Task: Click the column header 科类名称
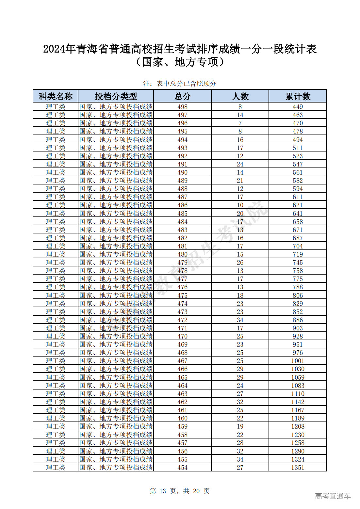(x=56, y=96)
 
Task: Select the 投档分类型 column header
(x=116, y=96)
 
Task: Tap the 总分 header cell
(x=182, y=96)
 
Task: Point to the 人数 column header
(x=240, y=96)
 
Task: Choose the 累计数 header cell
(x=298, y=96)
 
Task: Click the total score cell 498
(x=182, y=107)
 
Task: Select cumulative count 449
(x=298, y=107)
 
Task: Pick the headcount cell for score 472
(x=240, y=320)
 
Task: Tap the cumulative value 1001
(x=298, y=361)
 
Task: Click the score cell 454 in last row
(x=182, y=468)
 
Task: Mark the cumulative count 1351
(x=298, y=468)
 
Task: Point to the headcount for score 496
(x=240, y=123)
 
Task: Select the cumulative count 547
(x=298, y=164)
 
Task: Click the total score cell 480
(x=182, y=254)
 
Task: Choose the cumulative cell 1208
(x=298, y=426)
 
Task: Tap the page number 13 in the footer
(x=163, y=491)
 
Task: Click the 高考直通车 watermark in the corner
(x=333, y=496)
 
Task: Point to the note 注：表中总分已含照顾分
(x=180, y=84)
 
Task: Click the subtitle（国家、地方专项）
(x=180, y=62)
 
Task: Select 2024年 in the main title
(x=59, y=49)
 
